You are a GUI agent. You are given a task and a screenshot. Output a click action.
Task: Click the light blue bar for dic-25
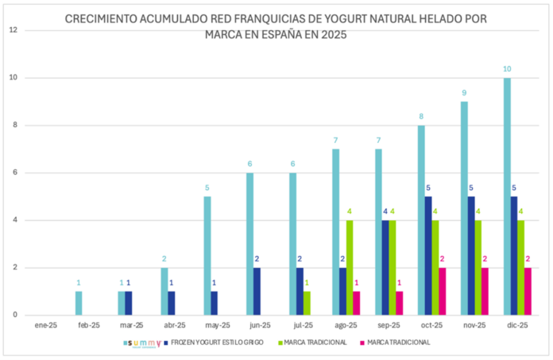pos(507,196)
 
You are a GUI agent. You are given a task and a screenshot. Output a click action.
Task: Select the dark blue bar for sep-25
pos(385,268)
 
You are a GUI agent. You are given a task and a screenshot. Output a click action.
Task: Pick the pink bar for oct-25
pos(443,292)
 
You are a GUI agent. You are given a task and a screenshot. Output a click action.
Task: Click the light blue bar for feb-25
pos(79,304)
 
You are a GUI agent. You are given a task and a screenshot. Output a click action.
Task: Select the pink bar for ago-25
pos(356,304)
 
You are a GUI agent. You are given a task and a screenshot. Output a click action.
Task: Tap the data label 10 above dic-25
pos(507,69)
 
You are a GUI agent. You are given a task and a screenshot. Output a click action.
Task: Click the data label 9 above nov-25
pos(464,93)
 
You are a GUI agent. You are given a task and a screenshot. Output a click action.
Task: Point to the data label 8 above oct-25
pos(421,117)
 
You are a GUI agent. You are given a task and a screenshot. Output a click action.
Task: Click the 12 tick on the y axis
pos(12,30)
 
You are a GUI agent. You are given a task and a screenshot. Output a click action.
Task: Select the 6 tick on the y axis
pos(14,172)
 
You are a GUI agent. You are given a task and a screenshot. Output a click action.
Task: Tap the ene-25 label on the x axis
pos(45,325)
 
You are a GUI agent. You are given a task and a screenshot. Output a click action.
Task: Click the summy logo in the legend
pos(143,343)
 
